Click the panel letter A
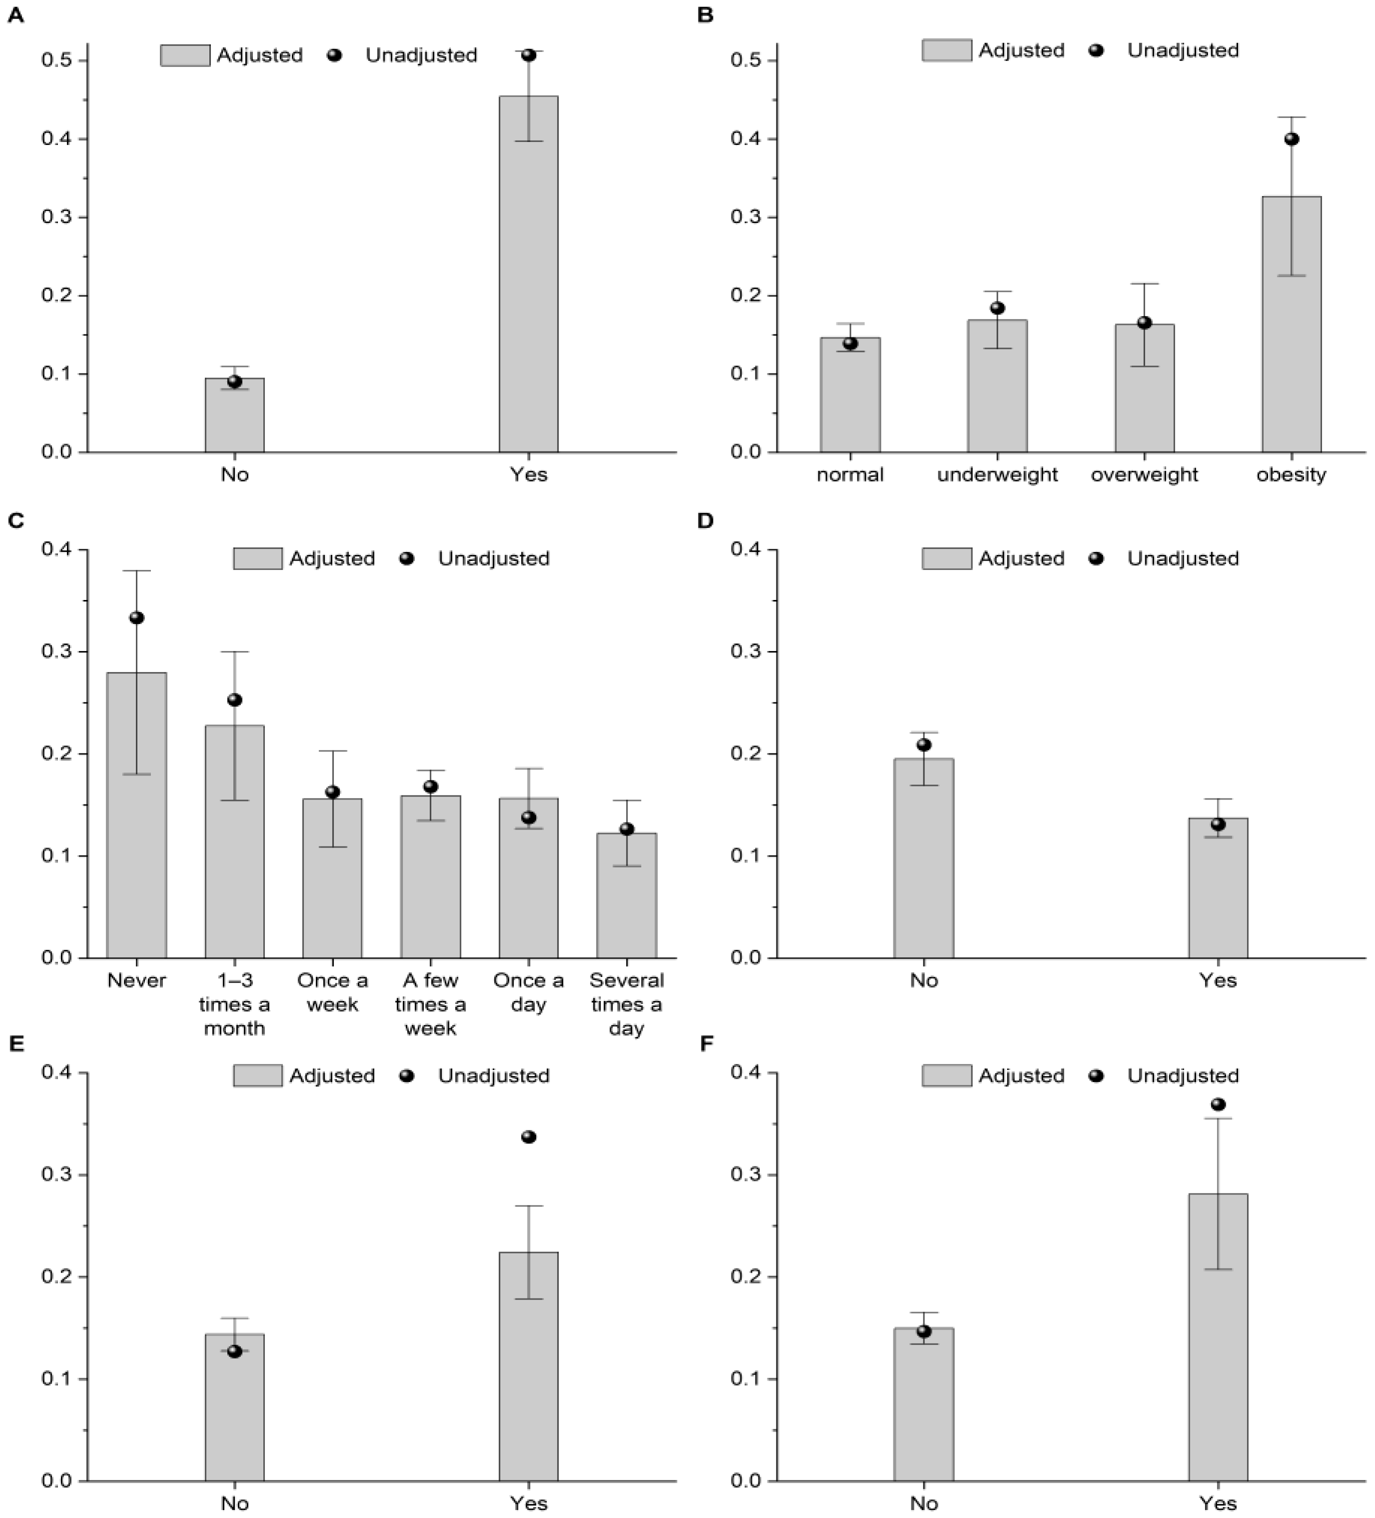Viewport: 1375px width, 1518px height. (x=15, y=15)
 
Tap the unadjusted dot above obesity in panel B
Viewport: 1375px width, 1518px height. (x=1292, y=139)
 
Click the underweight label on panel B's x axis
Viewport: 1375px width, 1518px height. (x=997, y=475)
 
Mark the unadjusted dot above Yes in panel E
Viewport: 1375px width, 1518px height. (x=528, y=1137)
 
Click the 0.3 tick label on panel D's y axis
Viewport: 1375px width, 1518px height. (x=744, y=651)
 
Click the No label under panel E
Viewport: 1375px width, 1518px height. (x=235, y=1503)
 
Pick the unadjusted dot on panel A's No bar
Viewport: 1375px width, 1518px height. (x=235, y=381)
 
